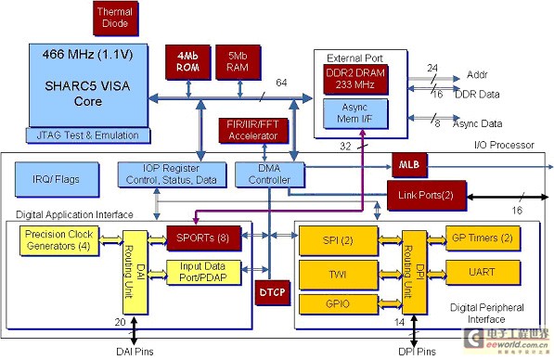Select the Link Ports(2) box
[423, 195]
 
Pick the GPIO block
[336, 303]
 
